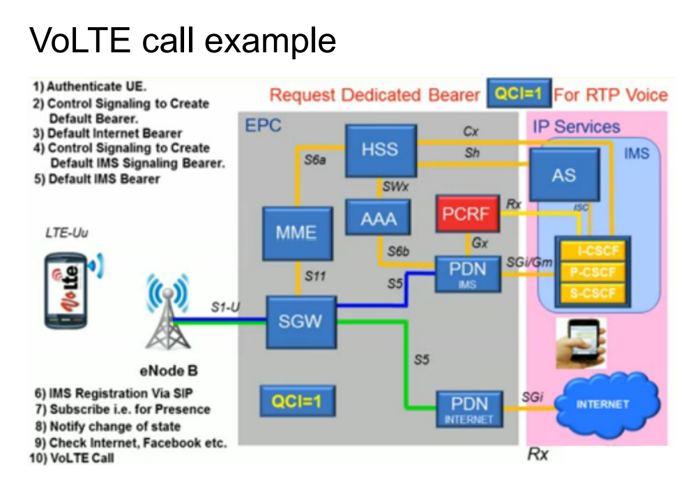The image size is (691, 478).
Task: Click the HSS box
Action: pyautogui.click(x=381, y=150)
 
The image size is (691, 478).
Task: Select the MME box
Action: pyautogui.click(x=298, y=233)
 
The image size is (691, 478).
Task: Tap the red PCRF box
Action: pyautogui.click(x=468, y=214)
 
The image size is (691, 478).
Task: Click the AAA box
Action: pyautogui.click(x=378, y=218)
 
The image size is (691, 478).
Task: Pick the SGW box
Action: pyautogui.click(x=301, y=322)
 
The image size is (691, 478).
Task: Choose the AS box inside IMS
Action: pyautogui.click(x=565, y=174)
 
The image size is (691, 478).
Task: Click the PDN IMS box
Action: pyautogui.click(x=468, y=274)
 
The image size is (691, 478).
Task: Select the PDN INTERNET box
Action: pyautogui.click(x=470, y=409)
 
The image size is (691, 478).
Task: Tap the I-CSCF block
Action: pyautogui.click(x=593, y=251)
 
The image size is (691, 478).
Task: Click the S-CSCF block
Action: pyautogui.click(x=593, y=293)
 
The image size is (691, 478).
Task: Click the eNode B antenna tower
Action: pyautogui.click(x=167, y=312)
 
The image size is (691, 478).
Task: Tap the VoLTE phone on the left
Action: pyautogui.click(x=66, y=291)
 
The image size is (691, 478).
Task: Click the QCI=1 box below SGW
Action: pyautogui.click(x=298, y=401)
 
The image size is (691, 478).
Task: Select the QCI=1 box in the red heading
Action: pyautogui.click(x=519, y=93)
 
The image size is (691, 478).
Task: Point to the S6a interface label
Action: pyautogui.click(x=314, y=160)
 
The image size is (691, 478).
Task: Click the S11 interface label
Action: pyautogui.click(x=315, y=276)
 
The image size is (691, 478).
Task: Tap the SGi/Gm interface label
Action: pyautogui.click(x=529, y=262)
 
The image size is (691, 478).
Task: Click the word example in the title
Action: pyautogui.click(x=270, y=41)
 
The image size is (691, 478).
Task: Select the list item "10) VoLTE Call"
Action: pyautogui.click(x=72, y=458)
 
